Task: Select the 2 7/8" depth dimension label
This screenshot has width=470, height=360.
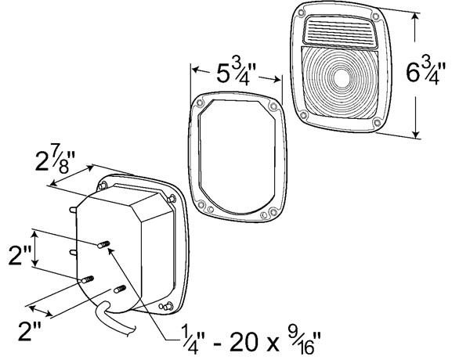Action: click(55, 162)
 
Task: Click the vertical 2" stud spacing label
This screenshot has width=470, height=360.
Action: click(19, 255)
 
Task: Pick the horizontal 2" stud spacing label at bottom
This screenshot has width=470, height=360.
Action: click(30, 331)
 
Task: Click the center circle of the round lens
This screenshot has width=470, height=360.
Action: click(340, 77)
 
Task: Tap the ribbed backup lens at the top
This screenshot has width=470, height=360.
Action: click(340, 31)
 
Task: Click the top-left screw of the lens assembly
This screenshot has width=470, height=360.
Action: click(302, 13)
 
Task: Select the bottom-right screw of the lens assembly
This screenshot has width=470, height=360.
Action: click(377, 122)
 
